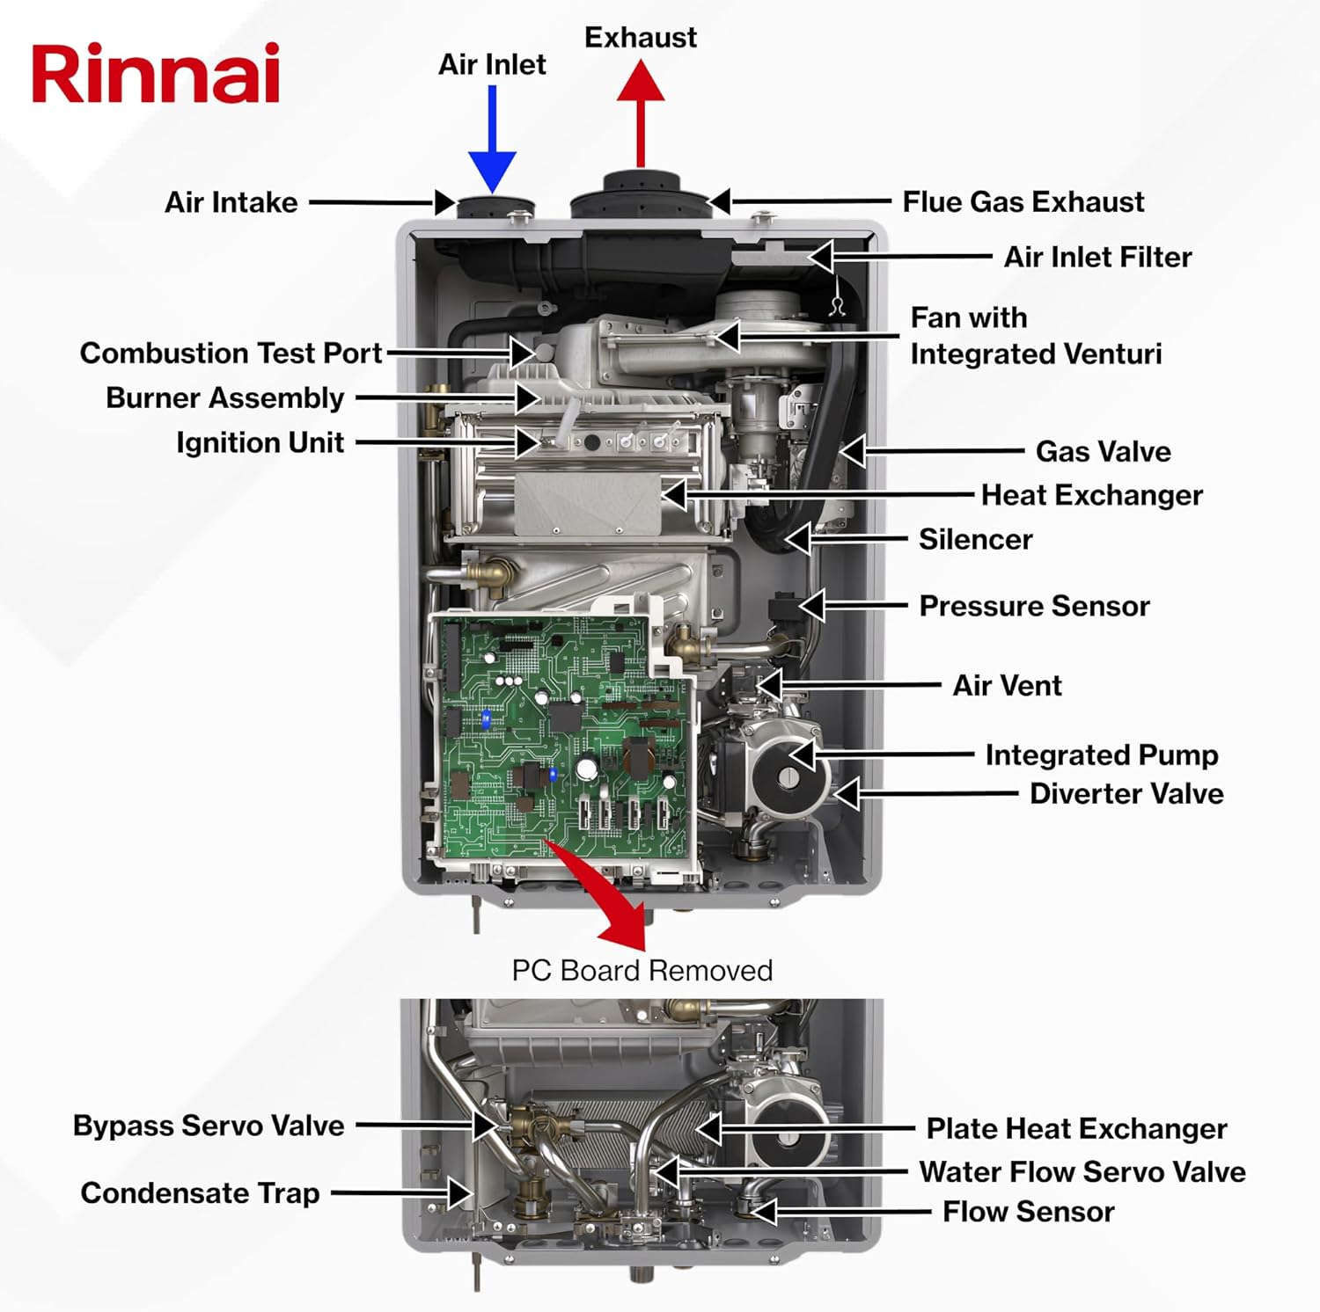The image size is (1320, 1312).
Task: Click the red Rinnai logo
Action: coord(156,74)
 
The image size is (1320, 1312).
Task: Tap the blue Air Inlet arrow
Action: coord(492,141)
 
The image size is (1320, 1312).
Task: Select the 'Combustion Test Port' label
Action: coord(231,354)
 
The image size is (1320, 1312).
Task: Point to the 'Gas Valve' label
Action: coord(1103,452)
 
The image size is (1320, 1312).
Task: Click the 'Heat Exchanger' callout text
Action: coord(1091,496)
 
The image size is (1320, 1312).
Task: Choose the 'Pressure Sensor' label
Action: coord(1034,607)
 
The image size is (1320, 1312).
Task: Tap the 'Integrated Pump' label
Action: coord(1101,755)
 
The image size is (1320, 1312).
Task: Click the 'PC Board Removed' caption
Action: coord(642,971)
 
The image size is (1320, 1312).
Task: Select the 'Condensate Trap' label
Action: coord(200,1193)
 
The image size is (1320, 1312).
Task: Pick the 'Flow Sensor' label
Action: coord(1028,1213)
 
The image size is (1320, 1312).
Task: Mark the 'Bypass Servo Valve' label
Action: coord(209,1126)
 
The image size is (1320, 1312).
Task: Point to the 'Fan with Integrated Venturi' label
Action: coord(1035,336)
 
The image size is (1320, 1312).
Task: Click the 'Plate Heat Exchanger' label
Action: coord(1075,1129)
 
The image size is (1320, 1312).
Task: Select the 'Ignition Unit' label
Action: coord(260,443)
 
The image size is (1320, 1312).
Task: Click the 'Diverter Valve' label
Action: coord(1126,794)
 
